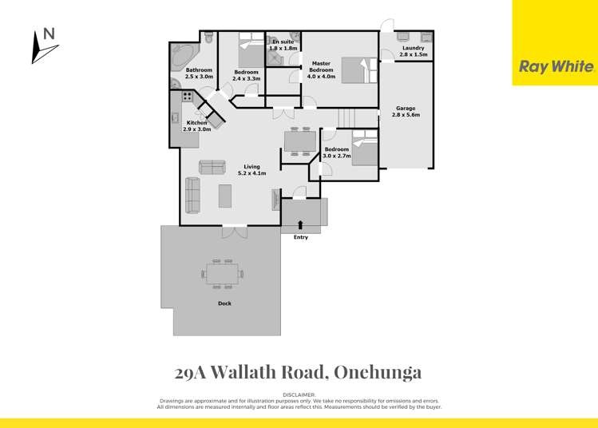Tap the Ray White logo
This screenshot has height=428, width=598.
tap(556, 67)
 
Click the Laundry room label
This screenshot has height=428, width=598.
tap(414, 48)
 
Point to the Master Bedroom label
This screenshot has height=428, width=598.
tap(321, 63)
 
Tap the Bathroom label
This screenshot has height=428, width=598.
tap(199, 70)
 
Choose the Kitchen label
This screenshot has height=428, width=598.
tap(197, 123)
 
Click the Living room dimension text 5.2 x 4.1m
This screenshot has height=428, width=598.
tap(251, 172)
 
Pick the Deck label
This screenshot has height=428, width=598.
tap(224, 303)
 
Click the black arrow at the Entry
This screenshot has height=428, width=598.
tap(300, 225)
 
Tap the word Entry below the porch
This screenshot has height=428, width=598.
tap(300, 237)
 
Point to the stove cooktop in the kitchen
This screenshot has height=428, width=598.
tap(188, 97)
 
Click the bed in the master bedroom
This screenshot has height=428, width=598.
tap(352, 69)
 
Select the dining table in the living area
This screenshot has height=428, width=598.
tap(300, 141)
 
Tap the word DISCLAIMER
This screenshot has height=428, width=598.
tap(299, 395)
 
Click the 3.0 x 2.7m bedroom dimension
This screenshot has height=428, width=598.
tap(337, 156)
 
